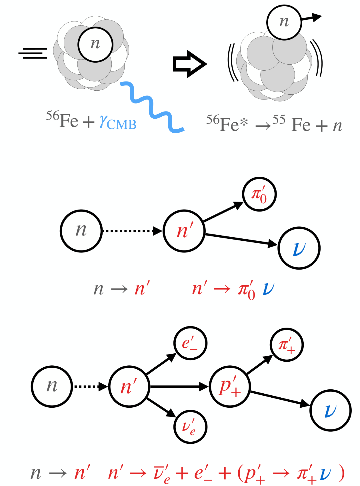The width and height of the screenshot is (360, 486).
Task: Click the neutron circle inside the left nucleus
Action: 95,44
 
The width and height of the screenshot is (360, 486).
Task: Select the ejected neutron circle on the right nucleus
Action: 284,22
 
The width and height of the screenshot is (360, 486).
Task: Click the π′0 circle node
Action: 259,194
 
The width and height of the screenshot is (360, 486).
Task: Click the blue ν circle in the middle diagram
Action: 299,248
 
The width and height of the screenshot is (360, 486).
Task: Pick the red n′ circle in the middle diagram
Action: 184,231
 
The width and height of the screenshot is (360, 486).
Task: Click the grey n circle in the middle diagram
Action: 81,231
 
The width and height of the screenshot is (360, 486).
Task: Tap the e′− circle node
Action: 190,343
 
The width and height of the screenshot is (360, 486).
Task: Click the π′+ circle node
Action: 287,345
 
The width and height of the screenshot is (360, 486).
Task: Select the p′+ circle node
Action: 230,387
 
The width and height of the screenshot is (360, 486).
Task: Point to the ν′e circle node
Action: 190,427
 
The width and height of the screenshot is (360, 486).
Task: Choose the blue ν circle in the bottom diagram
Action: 331,411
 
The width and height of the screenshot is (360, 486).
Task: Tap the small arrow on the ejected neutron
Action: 312,17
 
